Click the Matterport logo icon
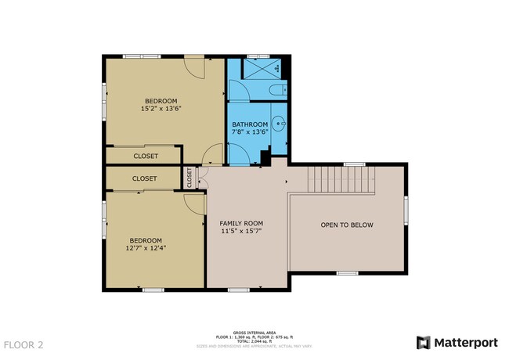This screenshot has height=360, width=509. point(423,343)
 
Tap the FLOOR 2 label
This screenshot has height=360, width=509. point(23,344)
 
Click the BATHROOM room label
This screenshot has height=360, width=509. point(250,124)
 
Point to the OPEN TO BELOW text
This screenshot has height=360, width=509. point(347,225)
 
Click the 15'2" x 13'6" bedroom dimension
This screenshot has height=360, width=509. point(161,109)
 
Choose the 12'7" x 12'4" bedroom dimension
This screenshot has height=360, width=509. point(146,248)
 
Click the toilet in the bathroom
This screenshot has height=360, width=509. point(276,91)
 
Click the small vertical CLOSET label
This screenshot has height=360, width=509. point(190,178)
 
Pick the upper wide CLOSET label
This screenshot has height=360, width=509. point(145,156)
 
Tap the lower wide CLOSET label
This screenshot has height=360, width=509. point(144,178)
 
